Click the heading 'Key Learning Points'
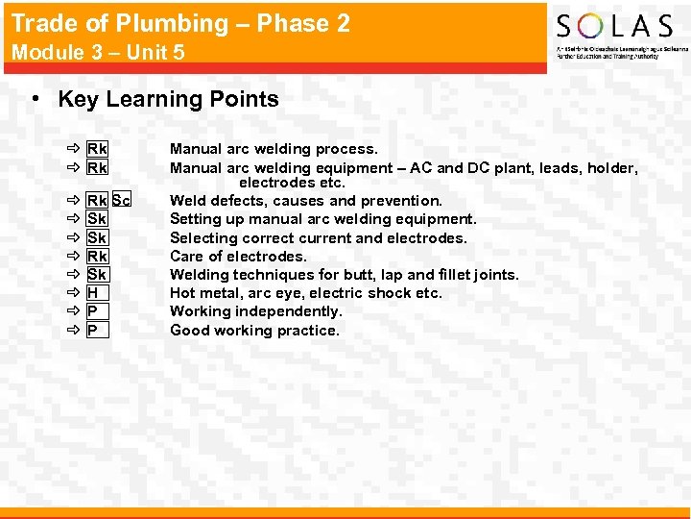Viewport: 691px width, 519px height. coord(168,99)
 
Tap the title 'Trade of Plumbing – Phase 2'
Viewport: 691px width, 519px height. coord(180,23)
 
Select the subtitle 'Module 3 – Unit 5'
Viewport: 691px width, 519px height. coord(98,52)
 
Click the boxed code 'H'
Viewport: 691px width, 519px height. coord(92,293)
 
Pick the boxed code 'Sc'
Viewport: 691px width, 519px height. coord(121,201)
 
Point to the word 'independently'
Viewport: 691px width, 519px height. coord(289,311)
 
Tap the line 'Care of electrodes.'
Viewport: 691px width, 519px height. coord(238,257)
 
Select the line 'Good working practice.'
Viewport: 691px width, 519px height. coord(254,331)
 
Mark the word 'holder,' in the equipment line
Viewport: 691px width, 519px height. coord(611,168)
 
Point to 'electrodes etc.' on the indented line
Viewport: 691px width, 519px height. coord(292,183)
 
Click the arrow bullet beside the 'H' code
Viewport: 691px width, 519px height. coord(74,293)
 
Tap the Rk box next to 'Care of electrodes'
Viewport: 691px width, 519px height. coord(97,257)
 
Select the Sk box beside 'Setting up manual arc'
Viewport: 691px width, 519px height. coord(97,219)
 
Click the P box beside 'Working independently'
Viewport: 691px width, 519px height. coord(92,311)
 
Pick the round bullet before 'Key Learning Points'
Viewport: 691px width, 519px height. coord(35,100)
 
